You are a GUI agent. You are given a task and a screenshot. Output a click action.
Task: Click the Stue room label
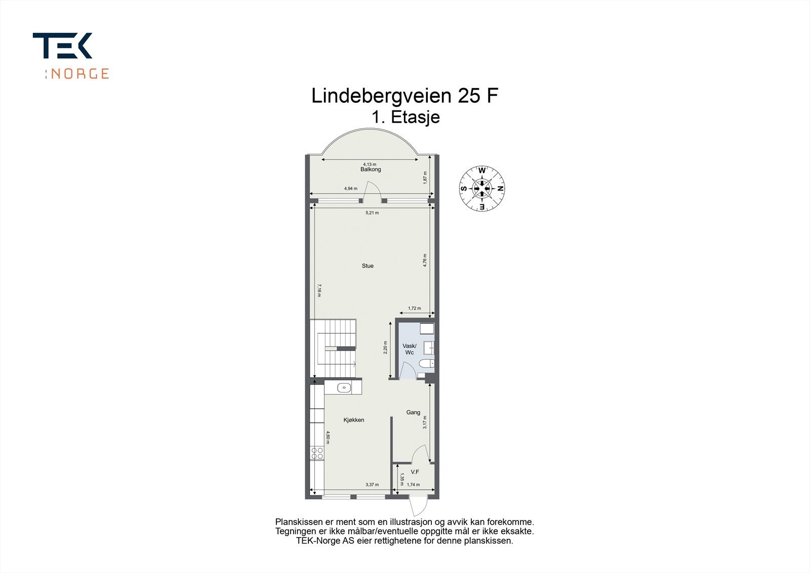[368, 265]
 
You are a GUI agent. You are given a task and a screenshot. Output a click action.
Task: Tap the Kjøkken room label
[354, 420]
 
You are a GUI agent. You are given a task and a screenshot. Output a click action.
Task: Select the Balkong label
[371, 169]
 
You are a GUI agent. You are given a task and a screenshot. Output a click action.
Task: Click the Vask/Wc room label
[409, 349]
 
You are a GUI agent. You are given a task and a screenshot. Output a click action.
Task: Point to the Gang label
[413, 412]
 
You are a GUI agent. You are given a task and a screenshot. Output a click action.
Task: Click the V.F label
[415, 472]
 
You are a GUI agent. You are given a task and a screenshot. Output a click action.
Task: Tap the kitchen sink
[344, 388]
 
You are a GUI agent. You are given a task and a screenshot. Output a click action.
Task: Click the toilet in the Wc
[426, 363]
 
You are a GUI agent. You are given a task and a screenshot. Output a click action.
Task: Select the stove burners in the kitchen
[317, 453]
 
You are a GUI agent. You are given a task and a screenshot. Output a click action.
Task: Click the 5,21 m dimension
[372, 213]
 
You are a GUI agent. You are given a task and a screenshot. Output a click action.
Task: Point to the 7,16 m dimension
[318, 291]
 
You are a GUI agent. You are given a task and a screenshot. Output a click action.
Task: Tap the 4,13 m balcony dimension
[370, 164]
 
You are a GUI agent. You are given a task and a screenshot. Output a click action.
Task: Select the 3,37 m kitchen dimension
[372, 485]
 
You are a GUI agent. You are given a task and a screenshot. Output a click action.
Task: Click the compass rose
[481, 188]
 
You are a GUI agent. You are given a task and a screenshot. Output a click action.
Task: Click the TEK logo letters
[63, 46]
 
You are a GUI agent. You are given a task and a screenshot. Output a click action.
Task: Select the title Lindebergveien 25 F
[401, 96]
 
